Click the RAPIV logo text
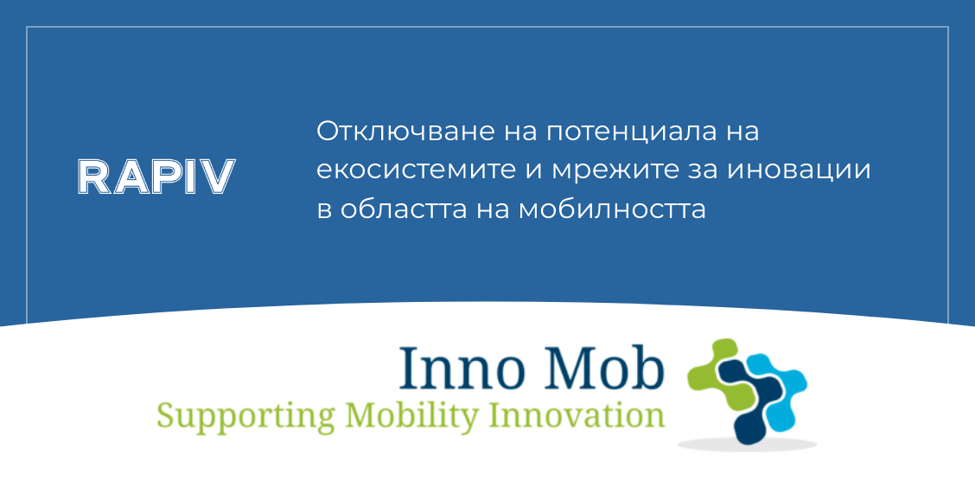tap(156, 177)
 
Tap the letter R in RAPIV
tap(93, 177)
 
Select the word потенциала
tap(628, 134)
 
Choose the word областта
tap(408, 209)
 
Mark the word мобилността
tap(613, 209)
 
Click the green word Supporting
tap(245, 416)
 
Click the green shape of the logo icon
tap(715, 377)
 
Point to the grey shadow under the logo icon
tap(747, 445)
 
